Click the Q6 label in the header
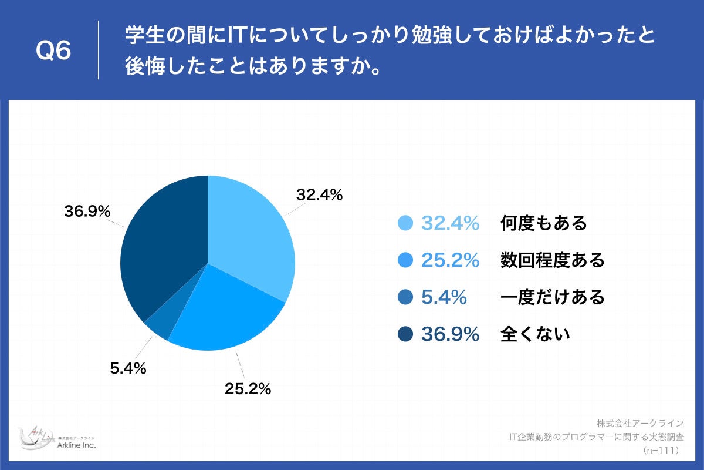(x=53, y=52)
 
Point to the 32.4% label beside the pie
(x=319, y=195)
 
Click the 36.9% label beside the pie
(x=87, y=211)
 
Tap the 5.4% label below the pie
(x=128, y=369)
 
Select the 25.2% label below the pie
(x=248, y=388)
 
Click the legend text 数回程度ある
(x=552, y=260)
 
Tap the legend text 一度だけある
(x=552, y=297)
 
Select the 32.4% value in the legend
(x=451, y=223)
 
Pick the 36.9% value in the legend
(x=451, y=334)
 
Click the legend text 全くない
(x=535, y=334)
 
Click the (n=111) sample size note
(x=661, y=450)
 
